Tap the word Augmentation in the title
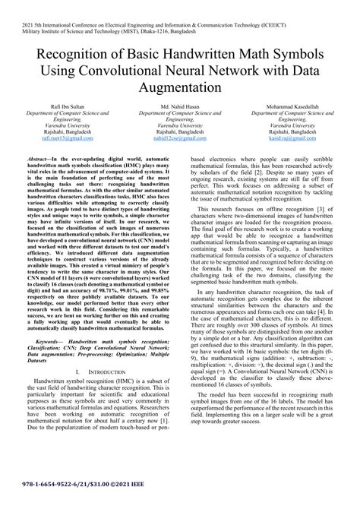[180, 87]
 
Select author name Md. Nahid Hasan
[180, 106]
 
